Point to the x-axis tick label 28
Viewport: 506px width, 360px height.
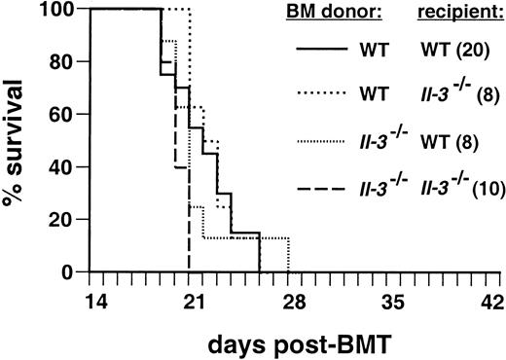coord(295,299)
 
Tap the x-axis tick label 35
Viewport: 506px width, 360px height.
coord(397,299)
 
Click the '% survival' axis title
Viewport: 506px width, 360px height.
coord(19,141)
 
